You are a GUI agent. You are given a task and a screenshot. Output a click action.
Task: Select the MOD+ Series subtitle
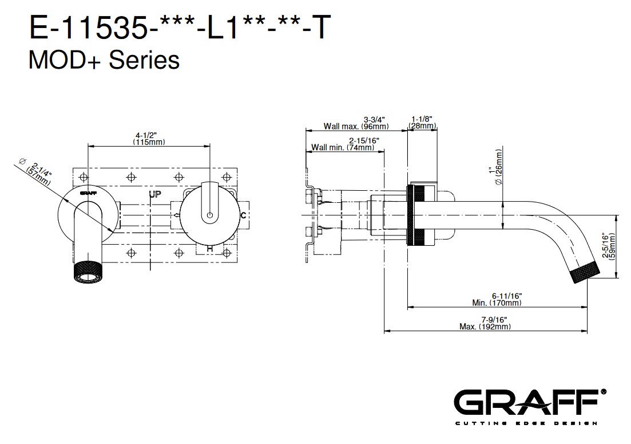pyautogui.click(x=104, y=60)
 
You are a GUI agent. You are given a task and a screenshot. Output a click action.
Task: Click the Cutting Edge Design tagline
pyautogui.click(x=526, y=423)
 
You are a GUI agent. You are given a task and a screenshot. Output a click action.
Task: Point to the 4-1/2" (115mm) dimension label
pyautogui.click(x=149, y=139)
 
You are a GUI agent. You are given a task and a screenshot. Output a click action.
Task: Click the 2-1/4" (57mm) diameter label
pyautogui.click(x=39, y=172)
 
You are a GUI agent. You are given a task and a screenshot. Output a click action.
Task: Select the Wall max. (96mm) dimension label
pyautogui.click(x=356, y=123)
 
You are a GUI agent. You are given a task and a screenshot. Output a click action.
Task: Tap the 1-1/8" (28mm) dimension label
pyautogui.click(x=422, y=122)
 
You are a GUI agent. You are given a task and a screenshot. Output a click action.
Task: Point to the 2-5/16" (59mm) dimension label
pyautogui.click(x=609, y=246)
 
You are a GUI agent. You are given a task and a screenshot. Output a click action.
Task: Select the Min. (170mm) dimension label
pyautogui.click(x=497, y=300)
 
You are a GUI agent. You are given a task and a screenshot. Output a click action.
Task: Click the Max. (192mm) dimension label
pyautogui.click(x=485, y=323)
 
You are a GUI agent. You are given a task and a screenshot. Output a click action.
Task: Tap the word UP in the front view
pyautogui.click(x=155, y=194)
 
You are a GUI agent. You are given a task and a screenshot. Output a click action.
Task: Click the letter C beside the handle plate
pyautogui.click(x=243, y=215)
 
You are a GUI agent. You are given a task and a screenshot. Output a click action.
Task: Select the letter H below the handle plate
pyautogui.click(x=209, y=249)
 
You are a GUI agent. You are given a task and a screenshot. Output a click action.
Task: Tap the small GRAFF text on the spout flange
pyautogui.click(x=88, y=193)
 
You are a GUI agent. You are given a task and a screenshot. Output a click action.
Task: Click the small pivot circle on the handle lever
pyautogui.click(x=209, y=215)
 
